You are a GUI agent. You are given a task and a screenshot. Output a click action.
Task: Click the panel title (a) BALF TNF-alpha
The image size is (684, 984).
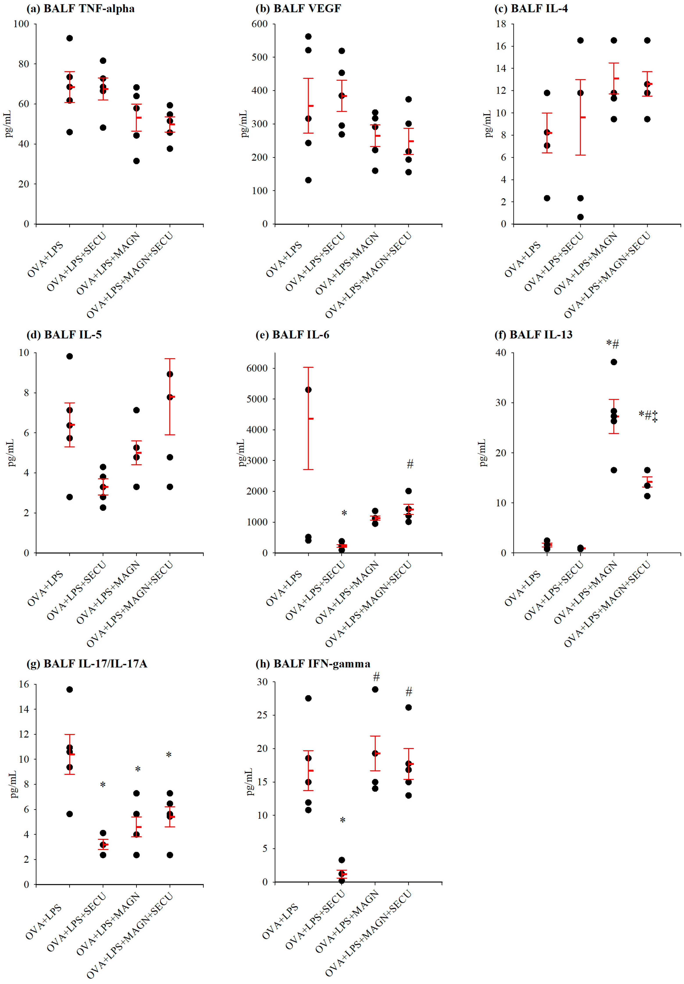tap(80, 9)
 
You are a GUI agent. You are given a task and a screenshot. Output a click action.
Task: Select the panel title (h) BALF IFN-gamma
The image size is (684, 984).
tap(313, 664)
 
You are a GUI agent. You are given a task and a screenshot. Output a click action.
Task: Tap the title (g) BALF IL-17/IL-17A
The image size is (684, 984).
tap(87, 664)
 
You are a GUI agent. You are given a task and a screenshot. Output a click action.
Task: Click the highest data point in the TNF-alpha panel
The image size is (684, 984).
tap(69, 38)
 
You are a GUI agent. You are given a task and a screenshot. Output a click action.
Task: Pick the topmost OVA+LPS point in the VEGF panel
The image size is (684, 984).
tap(308, 36)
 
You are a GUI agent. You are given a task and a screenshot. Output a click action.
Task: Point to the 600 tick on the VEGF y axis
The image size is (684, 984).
tap(260, 24)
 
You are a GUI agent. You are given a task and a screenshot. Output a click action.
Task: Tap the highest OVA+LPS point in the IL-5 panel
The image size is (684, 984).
tap(69, 356)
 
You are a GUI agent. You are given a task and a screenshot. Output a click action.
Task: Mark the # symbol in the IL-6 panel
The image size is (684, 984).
tap(410, 464)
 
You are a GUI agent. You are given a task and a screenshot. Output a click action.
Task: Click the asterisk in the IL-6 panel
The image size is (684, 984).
tap(344, 513)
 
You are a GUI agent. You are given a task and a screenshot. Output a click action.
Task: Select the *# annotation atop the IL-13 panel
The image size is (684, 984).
tap(613, 344)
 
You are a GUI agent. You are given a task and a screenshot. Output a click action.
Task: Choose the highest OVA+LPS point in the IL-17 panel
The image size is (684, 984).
tap(69, 689)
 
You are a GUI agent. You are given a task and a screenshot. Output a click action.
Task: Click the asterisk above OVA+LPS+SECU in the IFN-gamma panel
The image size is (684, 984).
tap(343, 820)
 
